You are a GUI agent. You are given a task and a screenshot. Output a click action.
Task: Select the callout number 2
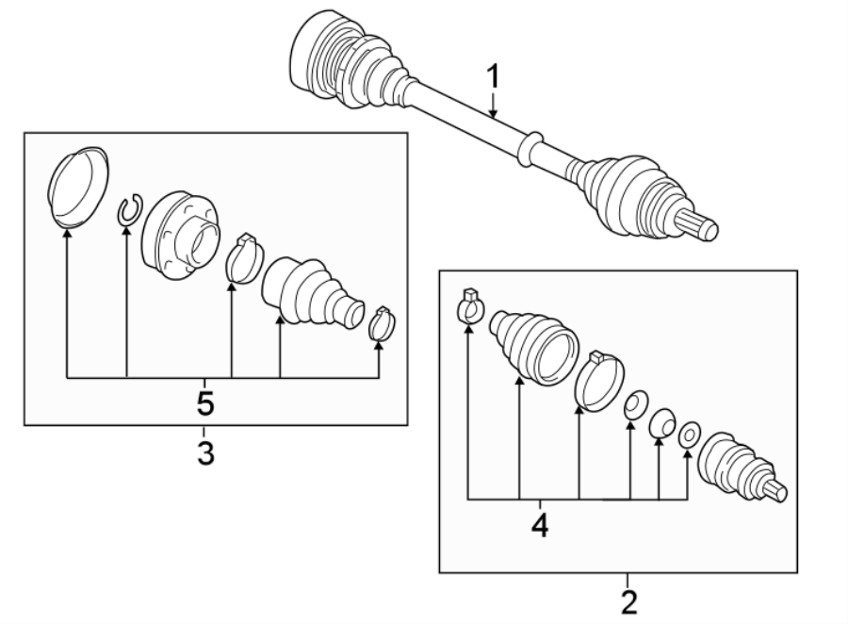point(628,600)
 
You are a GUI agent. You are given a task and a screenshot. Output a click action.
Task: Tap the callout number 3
point(205,452)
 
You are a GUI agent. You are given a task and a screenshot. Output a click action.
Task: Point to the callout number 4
point(540,524)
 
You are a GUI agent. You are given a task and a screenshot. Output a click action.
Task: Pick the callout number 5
point(205,404)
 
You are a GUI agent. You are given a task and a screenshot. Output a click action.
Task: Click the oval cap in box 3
point(77,187)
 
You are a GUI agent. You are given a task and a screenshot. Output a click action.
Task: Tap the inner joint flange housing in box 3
point(181,237)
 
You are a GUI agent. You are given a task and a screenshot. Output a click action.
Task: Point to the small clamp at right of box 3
point(381,322)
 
